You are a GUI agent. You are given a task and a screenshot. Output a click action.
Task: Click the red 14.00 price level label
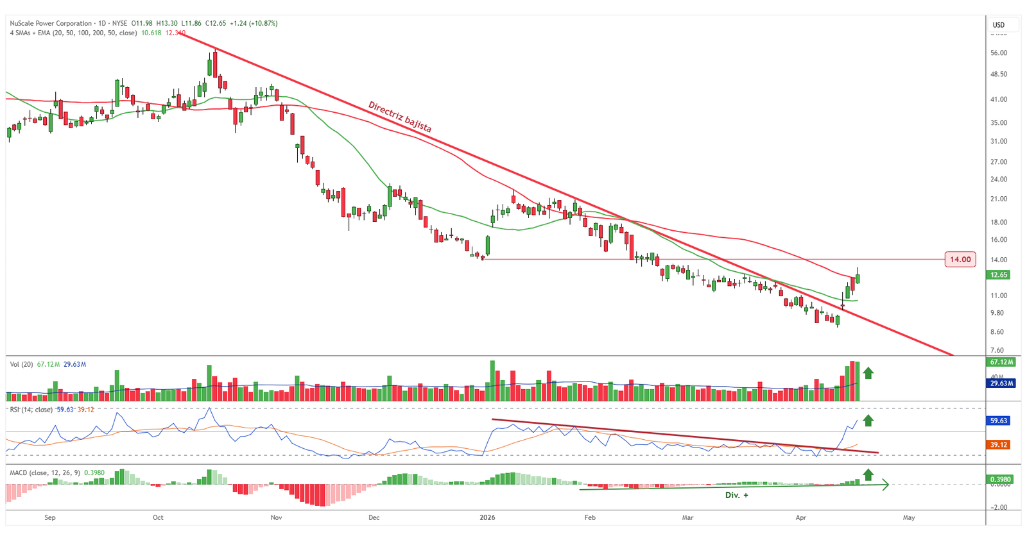[x=960, y=260]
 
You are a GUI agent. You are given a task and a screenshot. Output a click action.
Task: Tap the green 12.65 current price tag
[x=999, y=274]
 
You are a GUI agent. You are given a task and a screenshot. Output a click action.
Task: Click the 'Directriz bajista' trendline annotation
[x=399, y=117]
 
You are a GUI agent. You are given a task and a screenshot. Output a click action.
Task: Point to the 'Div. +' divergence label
[x=736, y=495]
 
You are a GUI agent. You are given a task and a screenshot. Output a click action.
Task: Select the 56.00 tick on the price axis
[x=999, y=53]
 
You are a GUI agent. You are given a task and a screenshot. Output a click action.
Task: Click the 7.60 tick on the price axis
[x=997, y=350]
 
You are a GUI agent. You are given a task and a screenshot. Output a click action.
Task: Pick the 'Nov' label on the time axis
[x=276, y=517]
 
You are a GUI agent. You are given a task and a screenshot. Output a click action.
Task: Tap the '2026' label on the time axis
[x=487, y=517]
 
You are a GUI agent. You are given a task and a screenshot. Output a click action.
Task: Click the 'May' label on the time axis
[x=908, y=517]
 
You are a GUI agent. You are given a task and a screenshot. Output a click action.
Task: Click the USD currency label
[x=999, y=25]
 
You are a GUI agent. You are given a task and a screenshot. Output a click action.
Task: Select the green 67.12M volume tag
[x=1001, y=362]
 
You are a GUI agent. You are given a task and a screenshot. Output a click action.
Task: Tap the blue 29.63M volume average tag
[x=1001, y=383]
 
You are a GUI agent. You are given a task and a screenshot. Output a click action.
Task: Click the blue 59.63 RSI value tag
[x=999, y=421]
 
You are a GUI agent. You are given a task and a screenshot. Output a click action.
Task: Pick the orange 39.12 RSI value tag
[x=999, y=444]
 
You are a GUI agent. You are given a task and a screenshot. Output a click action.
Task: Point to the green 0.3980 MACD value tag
[x=1000, y=480]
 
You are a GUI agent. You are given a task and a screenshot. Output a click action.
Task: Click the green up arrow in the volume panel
[x=868, y=373]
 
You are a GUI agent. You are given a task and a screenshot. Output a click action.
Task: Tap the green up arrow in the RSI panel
[x=868, y=421]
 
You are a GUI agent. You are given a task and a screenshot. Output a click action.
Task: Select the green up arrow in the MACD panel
[x=868, y=474]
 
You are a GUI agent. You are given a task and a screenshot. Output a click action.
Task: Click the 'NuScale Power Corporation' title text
[x=51, y=23]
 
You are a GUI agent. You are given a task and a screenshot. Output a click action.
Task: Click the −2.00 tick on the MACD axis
[x=998, y=507]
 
